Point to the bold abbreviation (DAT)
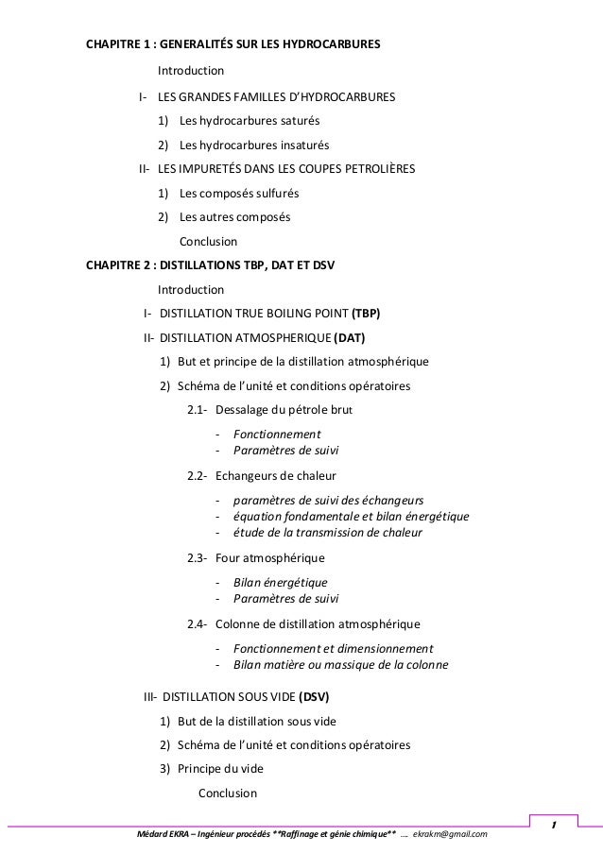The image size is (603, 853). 350,337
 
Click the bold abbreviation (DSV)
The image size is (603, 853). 314,698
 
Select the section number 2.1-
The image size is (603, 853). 198,410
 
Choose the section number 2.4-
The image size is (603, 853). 198,624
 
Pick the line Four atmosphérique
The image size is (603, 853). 269,557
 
